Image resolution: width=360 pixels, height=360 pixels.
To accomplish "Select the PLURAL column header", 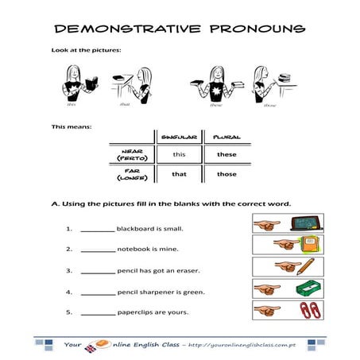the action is coord(226,137).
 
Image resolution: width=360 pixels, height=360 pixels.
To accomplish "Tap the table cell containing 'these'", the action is coord(226,154).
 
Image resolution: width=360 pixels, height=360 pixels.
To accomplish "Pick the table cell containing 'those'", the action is coord(226,175).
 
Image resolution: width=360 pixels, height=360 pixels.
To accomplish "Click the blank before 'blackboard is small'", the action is coord(98,230).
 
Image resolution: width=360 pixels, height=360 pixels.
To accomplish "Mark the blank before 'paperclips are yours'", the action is coord(98,312).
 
